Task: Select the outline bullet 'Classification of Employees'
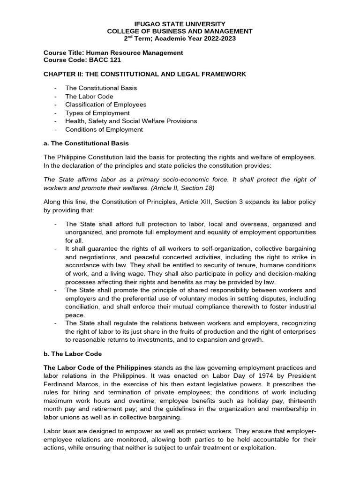coord(106,105)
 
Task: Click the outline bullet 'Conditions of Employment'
coord(104,129)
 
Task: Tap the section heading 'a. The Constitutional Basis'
coord(86,143)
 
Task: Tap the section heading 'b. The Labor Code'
coord(73,353)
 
